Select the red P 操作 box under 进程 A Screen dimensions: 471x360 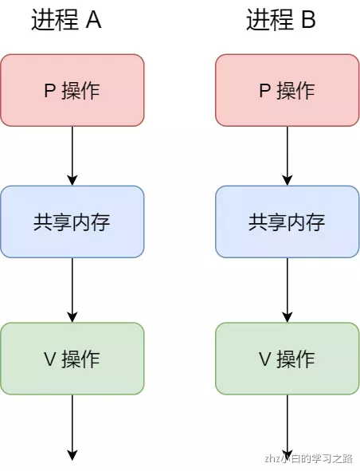coord(72,90)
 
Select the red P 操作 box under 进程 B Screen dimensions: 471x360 coord(288,90)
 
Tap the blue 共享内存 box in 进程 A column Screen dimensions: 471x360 coord(72,222)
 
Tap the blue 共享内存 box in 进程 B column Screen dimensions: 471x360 coord(288,222)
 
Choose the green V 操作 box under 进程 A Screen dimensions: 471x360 coord(72,359)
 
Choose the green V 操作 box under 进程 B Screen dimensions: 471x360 coord(288,359)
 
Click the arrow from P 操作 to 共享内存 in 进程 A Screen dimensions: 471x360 coord(72,155)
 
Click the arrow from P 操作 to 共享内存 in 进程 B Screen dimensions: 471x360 coord(288,155)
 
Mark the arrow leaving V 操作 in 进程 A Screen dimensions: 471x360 coord(72,426)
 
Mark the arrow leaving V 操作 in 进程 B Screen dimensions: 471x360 coord(288,426)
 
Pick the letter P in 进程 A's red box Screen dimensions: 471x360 coord(49,91)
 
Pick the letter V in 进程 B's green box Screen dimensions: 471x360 coord(265,359)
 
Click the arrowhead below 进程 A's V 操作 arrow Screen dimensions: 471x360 coord(72,455)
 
